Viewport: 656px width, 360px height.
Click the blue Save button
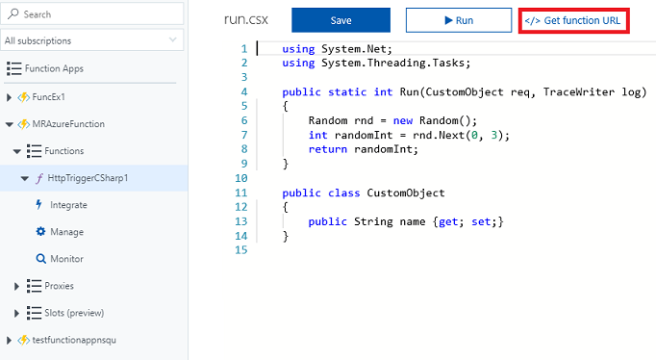pyautogui.click(x=341, y=20)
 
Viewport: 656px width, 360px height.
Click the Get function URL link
pyautogui.click(x=574, y=20)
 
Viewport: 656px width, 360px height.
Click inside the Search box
pyautogui.click(x=91, y=14)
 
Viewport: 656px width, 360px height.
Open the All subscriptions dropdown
pyautogui.click(x=91, y=41)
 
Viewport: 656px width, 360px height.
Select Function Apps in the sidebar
pyautogui.click(x=55, y=69)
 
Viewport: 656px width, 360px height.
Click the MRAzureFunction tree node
pyautogui.click(x=68, y=124)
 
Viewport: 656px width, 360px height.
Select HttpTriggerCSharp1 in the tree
pyautogui.click(x=88, y=178)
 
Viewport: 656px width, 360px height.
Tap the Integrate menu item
pyautogui.click(x=68, y=205)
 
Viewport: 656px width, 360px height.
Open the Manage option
pyautogui.click(x=65, y=232)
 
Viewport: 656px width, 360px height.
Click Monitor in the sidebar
pyautogui.click(x=66, y=259)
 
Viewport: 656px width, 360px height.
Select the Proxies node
pyautogui.click(x=59, y=286)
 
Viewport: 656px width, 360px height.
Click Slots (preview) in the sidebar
pyautogui.click(x=73, y=313)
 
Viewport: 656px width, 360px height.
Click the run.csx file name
pyautogui.click(x=244, y=20)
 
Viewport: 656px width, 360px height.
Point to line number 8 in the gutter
pyautogui.click(x=242, y=149)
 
